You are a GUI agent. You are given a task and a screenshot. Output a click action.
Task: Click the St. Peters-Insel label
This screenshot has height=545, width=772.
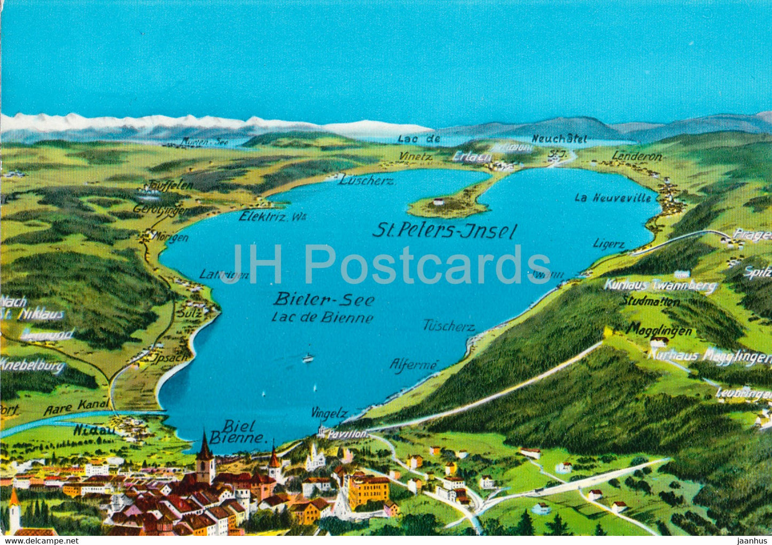[x=445, y=231]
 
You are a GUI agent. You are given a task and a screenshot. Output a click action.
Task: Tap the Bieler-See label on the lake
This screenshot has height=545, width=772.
[x=324, y=300]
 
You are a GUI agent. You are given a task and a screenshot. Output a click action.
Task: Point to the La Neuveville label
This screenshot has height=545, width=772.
[x=613, y=198]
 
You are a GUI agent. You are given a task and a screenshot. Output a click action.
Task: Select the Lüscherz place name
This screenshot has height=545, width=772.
[x=367, y=181]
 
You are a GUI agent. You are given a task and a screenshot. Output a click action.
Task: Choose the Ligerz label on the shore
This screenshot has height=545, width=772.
[x=609, y=244]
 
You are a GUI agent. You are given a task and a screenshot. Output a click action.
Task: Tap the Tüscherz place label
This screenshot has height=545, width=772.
[x=449, y=325]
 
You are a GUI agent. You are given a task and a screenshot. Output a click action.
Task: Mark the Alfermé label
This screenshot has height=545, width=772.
[x=414, y=365]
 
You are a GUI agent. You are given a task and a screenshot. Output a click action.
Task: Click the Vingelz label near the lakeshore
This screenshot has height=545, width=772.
[x=329, y=413]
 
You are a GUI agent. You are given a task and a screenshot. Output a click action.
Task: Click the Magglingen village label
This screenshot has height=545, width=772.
[x=660, y=331]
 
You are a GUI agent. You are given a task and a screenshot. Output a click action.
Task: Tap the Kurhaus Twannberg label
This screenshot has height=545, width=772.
[x=660, y=285]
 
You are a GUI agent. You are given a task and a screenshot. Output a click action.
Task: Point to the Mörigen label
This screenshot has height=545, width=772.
[x=170, y=237]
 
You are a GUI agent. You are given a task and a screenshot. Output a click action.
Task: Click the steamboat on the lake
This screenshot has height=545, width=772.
[x=308, y=358]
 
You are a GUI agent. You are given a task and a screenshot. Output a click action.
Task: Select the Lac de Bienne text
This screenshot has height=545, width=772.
[x=322, y=317]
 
